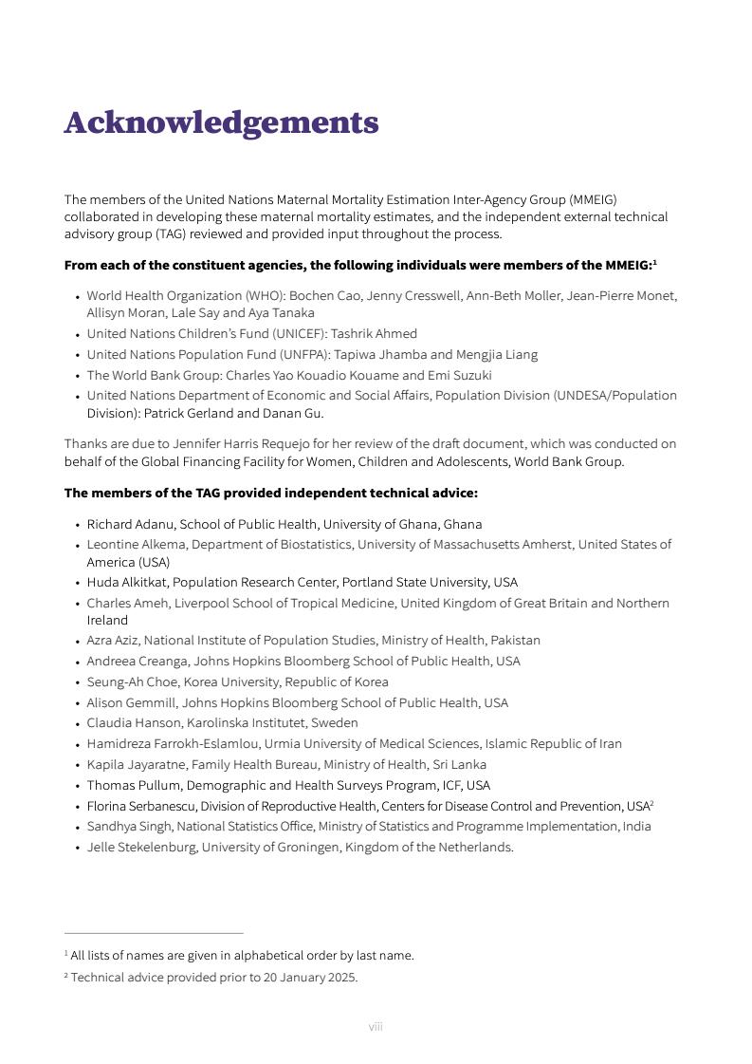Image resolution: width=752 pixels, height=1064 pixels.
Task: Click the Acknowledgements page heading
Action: [221, 122]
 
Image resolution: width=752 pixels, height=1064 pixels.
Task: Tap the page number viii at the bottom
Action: [376, 1027]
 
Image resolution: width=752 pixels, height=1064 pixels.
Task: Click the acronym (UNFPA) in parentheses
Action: [294, 355]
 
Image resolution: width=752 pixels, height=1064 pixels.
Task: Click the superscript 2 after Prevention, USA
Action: [652, 804]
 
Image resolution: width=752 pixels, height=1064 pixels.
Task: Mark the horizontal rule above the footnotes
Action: [154, 934]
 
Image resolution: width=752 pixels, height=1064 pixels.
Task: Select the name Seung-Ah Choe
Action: [133, 682]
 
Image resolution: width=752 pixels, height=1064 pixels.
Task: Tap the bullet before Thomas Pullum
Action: [77, 786]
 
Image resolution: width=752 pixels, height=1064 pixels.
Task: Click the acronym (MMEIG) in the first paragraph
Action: [593, 200]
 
